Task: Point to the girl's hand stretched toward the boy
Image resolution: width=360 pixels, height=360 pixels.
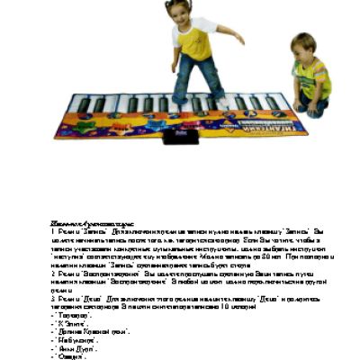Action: coord(239,40)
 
